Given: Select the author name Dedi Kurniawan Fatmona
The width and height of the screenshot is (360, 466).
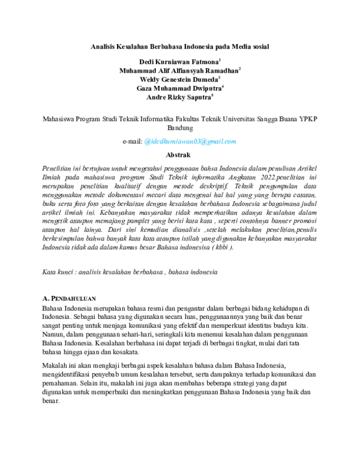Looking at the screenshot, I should [179, 62].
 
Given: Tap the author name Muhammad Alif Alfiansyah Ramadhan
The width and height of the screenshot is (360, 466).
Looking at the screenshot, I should [179, 70].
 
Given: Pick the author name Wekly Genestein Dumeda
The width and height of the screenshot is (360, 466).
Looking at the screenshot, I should [179, 79].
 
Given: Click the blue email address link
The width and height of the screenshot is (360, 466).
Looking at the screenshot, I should [190, 141].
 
